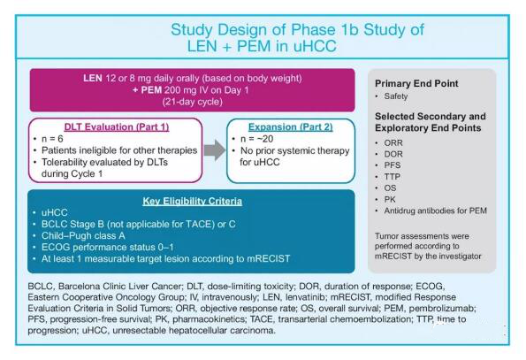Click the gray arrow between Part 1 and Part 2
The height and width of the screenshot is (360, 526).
215,150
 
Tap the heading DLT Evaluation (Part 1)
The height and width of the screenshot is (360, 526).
117,127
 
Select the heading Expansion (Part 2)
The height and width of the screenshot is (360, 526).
291,127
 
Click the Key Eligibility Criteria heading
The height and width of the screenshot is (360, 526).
192,202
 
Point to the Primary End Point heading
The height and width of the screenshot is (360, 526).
416,83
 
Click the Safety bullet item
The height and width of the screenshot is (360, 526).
396,96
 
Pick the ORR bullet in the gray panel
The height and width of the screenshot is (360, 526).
393,143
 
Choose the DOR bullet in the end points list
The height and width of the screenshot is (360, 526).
393,154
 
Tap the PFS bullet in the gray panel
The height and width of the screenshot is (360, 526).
393,165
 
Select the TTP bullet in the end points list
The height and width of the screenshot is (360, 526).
392,177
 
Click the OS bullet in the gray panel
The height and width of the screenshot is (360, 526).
390,188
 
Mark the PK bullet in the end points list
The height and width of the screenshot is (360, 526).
390,200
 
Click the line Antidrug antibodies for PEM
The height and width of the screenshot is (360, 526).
435,211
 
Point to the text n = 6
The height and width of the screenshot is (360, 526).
52,139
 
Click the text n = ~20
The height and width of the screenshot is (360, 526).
256,139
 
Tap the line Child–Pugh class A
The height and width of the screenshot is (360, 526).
83,236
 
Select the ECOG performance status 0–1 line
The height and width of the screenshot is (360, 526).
108,248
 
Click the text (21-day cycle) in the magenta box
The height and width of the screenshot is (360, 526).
192,102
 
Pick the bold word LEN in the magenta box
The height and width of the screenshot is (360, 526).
93,78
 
